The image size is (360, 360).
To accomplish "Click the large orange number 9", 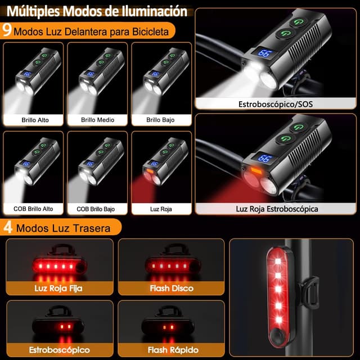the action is tap(7, 30).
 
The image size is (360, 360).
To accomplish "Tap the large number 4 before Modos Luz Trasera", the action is tap(8, 227).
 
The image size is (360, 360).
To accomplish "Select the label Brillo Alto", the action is tap(35, 120).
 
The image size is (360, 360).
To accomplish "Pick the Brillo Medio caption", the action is tap(97, 120).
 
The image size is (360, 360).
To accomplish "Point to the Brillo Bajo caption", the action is tap(160, 120).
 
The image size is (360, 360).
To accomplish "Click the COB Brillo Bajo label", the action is tap(96, 209).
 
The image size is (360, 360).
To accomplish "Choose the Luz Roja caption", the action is tap(161, 209).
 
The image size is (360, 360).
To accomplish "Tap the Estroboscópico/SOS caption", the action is tap(276, 104).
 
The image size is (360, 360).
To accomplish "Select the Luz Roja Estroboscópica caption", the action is tap(277, 209).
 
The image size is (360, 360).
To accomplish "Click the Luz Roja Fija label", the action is tap(58, 288).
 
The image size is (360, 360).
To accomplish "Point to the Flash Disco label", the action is tap(172, 288).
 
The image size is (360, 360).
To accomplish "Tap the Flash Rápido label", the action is tap(173, 350).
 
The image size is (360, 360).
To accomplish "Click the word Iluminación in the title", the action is tap(154, 11).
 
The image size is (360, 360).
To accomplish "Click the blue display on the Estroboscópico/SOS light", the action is tap(265, 53).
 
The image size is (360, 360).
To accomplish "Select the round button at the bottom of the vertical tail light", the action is tap(278, 336).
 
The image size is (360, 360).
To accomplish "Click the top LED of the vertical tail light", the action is tap(278, 261).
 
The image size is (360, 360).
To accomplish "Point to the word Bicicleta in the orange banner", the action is tap(150, 31).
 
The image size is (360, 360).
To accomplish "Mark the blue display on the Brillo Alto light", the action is tap(27, 74).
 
